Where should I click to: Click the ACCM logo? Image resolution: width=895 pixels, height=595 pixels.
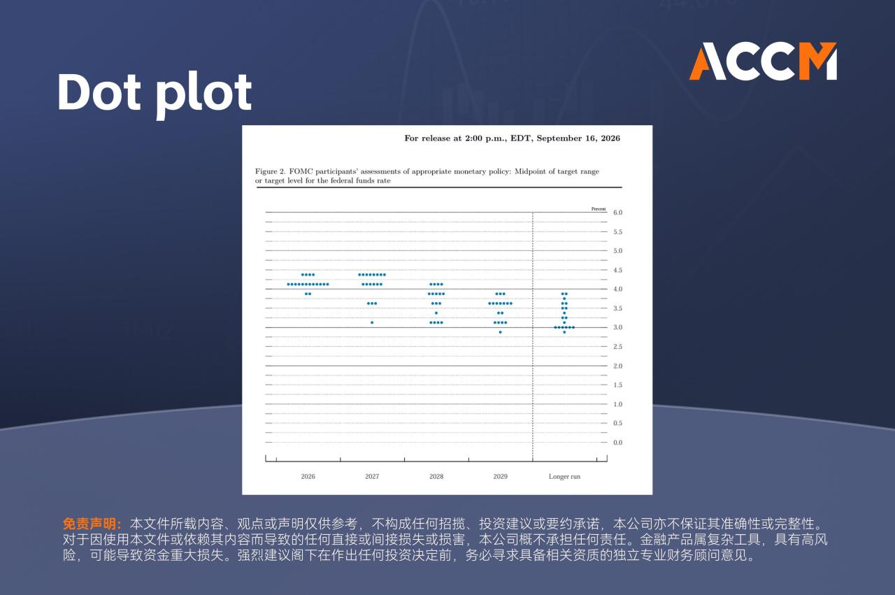[x=763, y=61]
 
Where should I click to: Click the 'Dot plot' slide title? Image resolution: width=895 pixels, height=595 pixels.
[x=155, y=94]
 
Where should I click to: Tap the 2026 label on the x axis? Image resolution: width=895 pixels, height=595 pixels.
[x=308, y=476]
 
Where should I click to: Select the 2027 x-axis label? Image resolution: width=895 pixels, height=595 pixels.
[x=372, y=476]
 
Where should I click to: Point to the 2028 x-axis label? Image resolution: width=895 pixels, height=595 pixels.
[x=436, y=476]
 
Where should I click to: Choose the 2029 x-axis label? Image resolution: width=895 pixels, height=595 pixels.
[x=500, y=476]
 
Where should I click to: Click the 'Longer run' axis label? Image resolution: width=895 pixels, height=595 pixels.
[x=564, y=476]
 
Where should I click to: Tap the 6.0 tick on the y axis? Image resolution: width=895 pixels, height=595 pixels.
[x=617, y=213]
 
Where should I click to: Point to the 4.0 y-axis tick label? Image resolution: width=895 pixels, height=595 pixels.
[x=617, y=289]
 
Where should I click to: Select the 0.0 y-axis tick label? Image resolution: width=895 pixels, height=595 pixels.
[x=617, y=443]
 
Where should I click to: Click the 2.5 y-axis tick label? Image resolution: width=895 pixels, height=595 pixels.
[x=617, y=347]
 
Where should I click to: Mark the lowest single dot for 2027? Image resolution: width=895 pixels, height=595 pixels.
[x=372, y=322]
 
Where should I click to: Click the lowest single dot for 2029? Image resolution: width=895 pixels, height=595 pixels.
[x=500, y=332]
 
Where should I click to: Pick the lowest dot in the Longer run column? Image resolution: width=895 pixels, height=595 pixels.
[x=564, y=332]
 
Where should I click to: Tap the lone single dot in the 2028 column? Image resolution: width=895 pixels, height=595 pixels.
[x=436, y=313]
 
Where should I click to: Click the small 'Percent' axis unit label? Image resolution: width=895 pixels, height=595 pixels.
[x=598, y=209]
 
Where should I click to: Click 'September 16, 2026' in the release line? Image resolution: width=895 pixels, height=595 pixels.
[x=578, y=138]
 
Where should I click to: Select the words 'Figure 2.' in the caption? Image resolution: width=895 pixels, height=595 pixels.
[x=270, y=171]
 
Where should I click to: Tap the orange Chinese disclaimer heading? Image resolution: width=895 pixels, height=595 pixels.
[x=92, y=524]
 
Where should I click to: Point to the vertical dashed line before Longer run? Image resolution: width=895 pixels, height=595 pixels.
[x=533, y=337]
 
